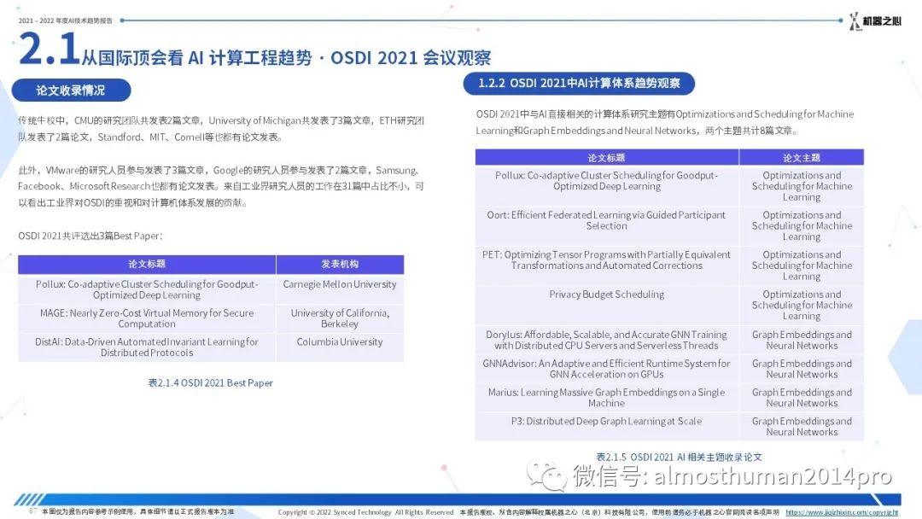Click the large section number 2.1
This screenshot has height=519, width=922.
point(50,48)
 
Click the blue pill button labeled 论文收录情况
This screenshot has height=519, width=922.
point(71,90)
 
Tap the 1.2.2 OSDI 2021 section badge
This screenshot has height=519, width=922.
point(579,83)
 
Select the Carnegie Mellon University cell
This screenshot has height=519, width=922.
point(340,289)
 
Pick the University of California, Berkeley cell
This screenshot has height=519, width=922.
point(340,318)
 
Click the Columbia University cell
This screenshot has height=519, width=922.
point(340,347)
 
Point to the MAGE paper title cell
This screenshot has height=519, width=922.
point(147,318)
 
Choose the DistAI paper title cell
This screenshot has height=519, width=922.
point(147,347)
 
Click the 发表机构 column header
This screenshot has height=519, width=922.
point(340,265)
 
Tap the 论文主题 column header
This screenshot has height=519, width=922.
point(802,158)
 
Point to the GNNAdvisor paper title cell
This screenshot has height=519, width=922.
point(607,369)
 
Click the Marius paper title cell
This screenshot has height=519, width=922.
point(607,397)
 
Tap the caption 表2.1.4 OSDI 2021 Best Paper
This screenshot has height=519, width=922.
point(211,382)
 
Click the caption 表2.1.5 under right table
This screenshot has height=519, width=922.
point(680,457)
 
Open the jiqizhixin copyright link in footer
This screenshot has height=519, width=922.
point(842,512)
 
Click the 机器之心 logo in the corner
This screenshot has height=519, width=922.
point(875,21)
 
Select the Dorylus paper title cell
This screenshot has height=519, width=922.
point(607,340)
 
